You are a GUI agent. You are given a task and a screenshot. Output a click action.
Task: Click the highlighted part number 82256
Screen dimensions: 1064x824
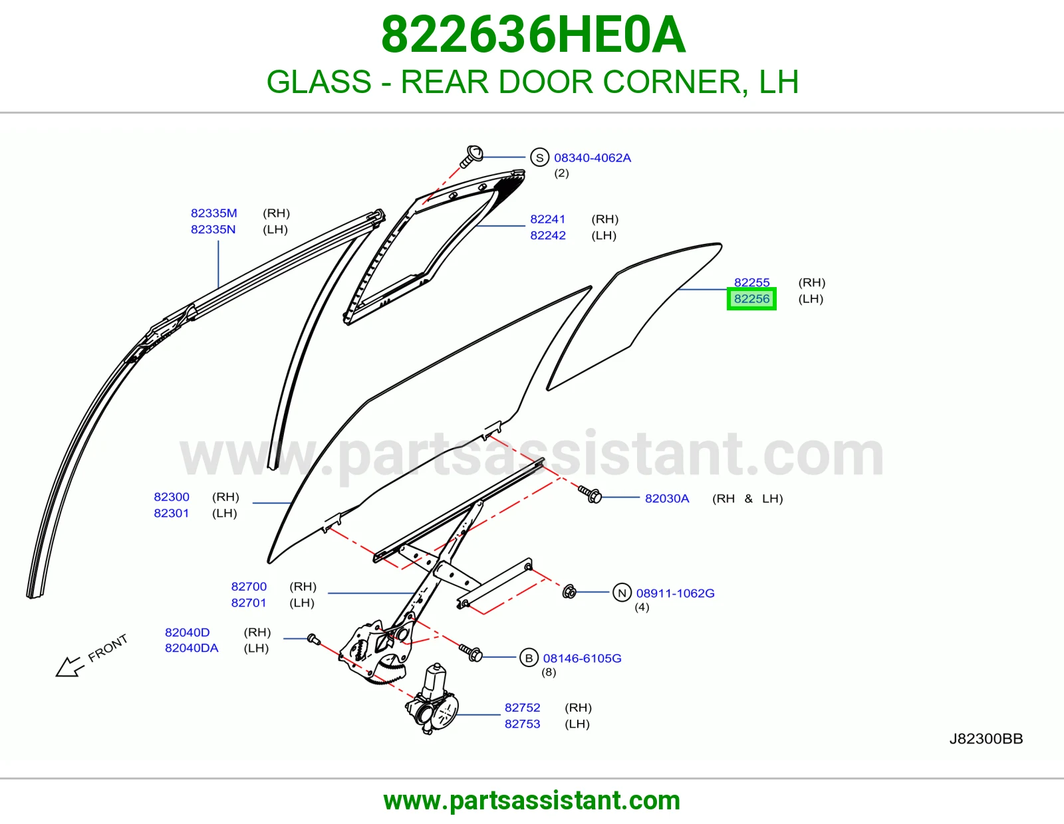coord(751,299)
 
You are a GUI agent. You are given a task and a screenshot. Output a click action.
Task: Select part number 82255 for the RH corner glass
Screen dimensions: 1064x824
coord(751,282)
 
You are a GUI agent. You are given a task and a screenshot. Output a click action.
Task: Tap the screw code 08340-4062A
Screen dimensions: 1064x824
coord(593,158)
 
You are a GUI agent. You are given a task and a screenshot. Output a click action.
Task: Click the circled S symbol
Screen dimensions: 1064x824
coord(539,157)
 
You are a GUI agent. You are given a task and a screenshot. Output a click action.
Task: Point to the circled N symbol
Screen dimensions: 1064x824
coord(622,593)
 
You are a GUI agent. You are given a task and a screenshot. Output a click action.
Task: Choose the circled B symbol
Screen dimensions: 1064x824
coord(529,658)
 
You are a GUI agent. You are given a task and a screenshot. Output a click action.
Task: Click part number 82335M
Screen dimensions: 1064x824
coord(214,213)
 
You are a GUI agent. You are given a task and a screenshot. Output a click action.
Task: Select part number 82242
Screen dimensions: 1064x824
coord(548,235)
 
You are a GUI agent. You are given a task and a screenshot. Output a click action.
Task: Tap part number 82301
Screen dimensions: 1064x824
coord(172,513)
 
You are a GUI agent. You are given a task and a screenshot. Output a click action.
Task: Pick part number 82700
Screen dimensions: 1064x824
coord(249,587)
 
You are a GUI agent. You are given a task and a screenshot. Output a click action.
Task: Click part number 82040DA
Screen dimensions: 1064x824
coord(192,649)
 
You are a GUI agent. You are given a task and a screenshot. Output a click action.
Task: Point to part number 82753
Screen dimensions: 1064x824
coord(523,724)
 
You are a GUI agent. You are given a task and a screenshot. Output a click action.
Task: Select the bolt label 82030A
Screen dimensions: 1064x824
coord(667,498)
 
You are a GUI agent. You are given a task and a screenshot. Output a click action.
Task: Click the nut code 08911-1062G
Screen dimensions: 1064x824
coord(675,593)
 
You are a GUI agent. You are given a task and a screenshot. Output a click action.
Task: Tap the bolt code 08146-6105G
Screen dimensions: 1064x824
coord(582,659)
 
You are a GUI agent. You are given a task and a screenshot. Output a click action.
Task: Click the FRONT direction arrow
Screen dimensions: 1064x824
coord(69,667)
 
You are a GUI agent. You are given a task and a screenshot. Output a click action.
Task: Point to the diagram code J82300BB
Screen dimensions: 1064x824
coord(986,739)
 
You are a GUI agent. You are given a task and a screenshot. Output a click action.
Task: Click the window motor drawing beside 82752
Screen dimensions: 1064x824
coord(432,700)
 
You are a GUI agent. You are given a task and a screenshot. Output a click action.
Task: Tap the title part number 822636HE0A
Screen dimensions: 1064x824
coord(533,35)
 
